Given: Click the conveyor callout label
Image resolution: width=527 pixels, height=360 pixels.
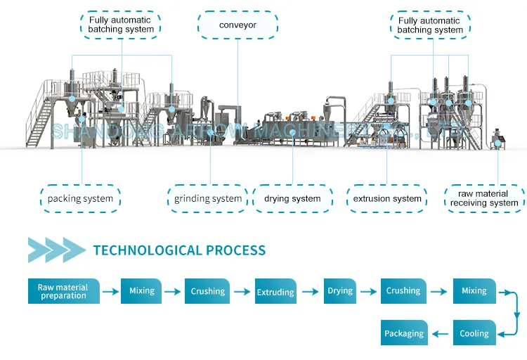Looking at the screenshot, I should coord(237,25).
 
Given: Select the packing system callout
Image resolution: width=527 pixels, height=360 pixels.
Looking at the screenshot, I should coord(80,199).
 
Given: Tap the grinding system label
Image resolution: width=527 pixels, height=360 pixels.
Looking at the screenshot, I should coord(208,199).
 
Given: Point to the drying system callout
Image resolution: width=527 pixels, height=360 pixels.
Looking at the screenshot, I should coord(292,199).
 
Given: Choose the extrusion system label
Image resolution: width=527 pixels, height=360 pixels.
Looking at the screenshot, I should coord(387,199).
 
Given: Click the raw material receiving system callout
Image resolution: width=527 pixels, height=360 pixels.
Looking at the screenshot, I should coord(484,199).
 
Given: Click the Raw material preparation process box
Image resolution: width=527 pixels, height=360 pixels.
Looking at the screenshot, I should coord(63,291).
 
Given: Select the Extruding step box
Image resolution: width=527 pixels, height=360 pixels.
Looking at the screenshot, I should coord(275,292).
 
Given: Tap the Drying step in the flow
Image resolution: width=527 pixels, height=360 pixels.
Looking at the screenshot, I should coord(340,291).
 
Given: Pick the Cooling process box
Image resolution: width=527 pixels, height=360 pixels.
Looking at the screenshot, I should coord(474,333).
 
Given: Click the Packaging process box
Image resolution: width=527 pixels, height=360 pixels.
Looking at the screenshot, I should coord(404,333).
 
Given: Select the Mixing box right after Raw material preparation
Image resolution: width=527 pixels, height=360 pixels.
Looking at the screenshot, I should coord(141,291).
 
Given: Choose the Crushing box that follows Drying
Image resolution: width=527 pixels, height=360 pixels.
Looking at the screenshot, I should coord(403,291).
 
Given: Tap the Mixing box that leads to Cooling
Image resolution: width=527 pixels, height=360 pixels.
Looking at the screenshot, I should coord(474,291).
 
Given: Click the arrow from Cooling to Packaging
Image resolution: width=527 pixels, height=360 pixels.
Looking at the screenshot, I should coord(440,333).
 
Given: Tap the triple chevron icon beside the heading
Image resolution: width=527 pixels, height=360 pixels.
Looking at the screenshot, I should coord(56,250).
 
